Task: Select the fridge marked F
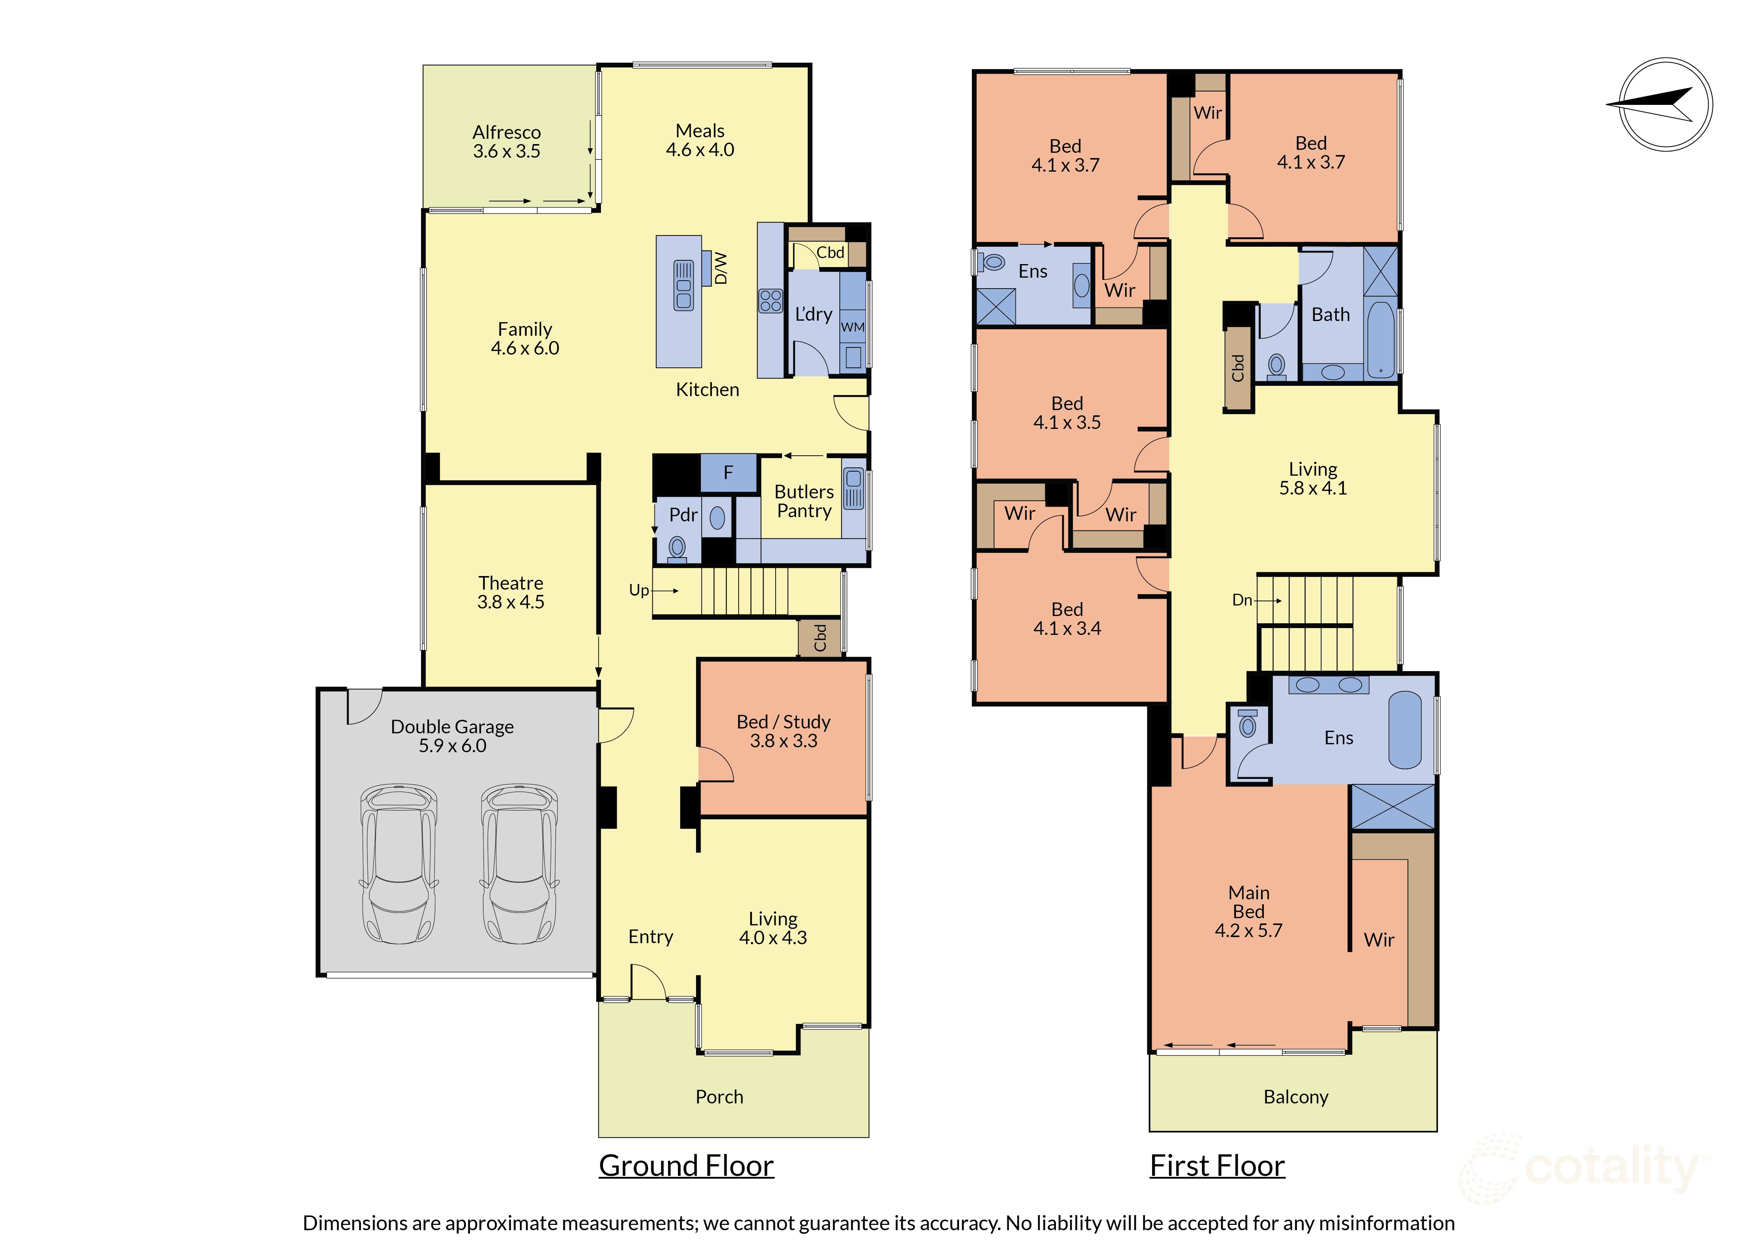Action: (x=728, y=473)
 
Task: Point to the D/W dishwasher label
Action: (x=721, y=269)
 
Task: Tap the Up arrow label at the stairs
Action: (x=639, y=590)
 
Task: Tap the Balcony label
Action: (x=1295, y=1097)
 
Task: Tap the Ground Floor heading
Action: (x=686, y=1166)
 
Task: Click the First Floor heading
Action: (x=1217, y=1166)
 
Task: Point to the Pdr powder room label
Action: (x=683, y=515)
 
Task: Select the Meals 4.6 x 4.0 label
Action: (x=700, y=140)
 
